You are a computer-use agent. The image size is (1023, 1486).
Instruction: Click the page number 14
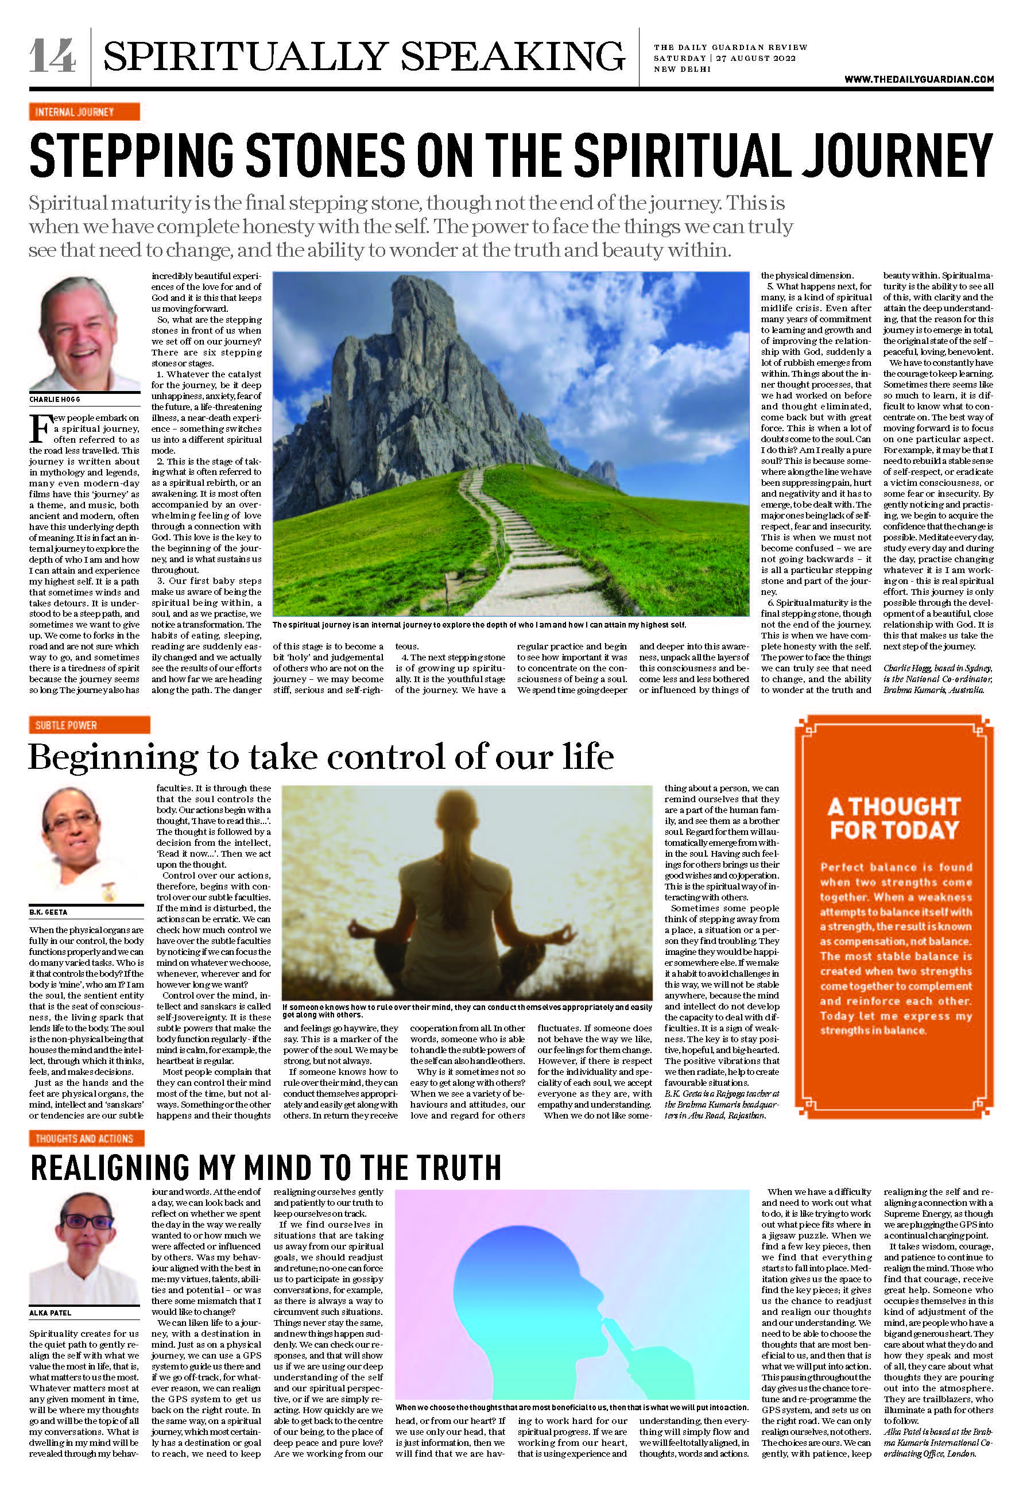tap(53, 56)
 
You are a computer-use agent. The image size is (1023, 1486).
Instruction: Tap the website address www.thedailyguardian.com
tap(919, 79)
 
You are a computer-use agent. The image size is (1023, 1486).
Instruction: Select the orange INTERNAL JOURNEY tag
tap(84, 112)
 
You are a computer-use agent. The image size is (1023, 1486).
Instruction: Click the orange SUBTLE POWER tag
tap(89, 725)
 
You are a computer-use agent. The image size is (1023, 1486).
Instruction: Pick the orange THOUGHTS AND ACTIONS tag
tap(87, 1139)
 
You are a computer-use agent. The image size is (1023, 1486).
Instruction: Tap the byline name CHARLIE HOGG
tap(55, 400)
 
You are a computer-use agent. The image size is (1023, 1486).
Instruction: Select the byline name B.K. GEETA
tap(48, 912)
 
